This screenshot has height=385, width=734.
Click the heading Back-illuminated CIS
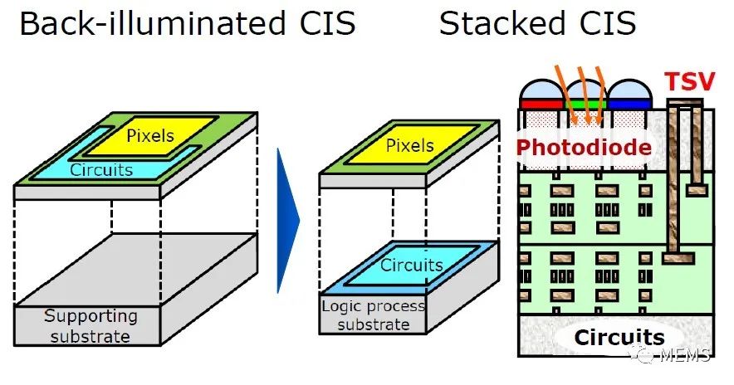coord(188,23)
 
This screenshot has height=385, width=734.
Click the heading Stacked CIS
coord(537,23)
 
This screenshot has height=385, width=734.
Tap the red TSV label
coord(690,81)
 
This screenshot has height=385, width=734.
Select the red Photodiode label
coord(584,148)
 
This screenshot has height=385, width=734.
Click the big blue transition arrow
coord(287,221)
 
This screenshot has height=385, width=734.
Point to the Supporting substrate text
coord(91,326)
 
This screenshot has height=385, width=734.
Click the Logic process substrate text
coord(373,315)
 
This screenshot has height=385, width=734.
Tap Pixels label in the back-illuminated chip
coord(150,135)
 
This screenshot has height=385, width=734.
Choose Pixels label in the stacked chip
coord(409,145)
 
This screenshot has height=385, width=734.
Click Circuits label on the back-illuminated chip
coord(101,170)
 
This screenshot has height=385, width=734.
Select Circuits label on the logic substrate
coord(412,266)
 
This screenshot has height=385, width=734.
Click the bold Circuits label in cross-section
coord(619,337)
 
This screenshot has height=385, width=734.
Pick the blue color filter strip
coord(629,104)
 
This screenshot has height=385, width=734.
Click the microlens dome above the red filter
coord(541,90)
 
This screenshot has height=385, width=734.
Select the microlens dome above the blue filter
coord(629,90)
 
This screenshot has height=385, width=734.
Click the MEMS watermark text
coord(685,355)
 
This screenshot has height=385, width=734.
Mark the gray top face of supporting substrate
coord(136,270)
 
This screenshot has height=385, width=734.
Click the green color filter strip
coord(585,104)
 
